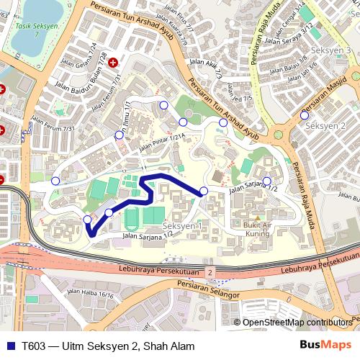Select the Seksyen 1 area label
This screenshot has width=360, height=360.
[x=182, y=226]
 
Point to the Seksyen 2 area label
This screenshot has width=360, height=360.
[x=326, y=126]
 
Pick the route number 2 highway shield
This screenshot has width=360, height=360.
[x=210, y=272]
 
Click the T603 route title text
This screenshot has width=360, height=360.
[x=108, y=346]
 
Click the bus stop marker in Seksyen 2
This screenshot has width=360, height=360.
[x=305, y=115]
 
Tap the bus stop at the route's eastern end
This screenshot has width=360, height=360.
[x=204, y=191]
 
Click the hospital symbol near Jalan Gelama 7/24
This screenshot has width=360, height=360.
[x=112, y=63]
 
